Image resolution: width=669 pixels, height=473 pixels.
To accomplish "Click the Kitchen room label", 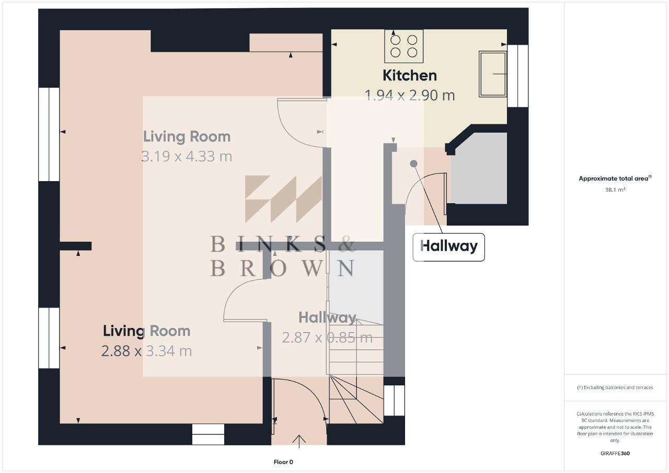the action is [x=409, y=76].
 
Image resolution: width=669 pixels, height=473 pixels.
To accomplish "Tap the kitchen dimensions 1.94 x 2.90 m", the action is [x=409, y=96].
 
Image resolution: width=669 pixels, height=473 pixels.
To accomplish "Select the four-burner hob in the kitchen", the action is [x=404, y=46].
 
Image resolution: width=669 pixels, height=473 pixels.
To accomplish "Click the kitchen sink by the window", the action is [x=492, y=74].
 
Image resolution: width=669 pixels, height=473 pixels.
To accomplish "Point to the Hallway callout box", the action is [x=448, y=247].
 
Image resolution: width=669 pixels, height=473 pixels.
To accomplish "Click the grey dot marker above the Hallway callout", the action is [x=413, y=163].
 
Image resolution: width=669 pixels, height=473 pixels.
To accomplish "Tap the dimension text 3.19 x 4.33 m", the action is [x=187, y=156].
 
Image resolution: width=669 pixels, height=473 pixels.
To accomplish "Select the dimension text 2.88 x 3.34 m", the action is [x=146, y=351].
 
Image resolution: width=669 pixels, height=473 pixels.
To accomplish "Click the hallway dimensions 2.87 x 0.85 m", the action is [x=327, y=338].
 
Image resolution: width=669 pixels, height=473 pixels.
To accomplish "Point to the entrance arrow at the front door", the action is [x=299, y=441].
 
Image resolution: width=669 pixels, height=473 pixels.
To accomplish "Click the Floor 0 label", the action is [x=283, y=462].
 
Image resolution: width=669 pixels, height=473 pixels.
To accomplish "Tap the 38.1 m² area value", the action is [x=615, y=190].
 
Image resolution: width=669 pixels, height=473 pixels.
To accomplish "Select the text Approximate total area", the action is [x=614, y=179].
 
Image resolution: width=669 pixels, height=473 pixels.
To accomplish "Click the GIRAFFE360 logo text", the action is [x=615, y=454].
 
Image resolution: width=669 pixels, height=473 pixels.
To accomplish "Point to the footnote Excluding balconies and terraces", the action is [x=615, y=387].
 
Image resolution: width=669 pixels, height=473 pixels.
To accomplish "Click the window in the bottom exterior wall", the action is [x=208, y=434].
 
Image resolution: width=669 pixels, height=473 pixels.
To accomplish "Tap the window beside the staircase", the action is [x=394, y=400].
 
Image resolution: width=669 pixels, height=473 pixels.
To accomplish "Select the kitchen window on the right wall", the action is [x=518, y=76].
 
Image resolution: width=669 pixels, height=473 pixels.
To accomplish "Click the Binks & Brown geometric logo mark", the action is [x=283, y=199].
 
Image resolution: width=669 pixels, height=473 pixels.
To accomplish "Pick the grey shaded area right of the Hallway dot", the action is [x=479, y=169].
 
